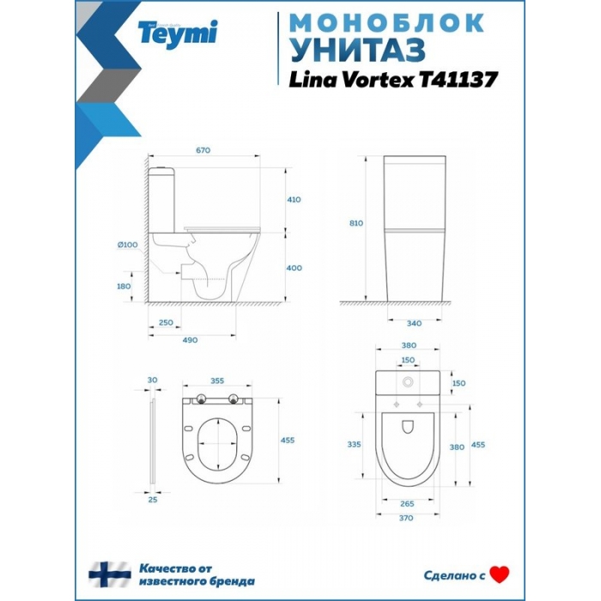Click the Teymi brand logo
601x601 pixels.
click(178, 34)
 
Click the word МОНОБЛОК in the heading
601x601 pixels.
click(387, 23)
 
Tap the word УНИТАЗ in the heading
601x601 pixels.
click(358, 51)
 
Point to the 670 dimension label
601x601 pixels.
click(203, 150)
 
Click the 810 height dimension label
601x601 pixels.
click(356, 223)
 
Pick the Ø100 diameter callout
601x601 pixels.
click(128, 245)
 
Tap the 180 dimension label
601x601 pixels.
click(124, 286)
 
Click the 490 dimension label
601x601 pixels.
click(190, 340)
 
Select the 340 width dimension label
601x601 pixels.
click(414, 323)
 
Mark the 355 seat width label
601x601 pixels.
click(217, 380)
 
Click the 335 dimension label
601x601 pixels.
click(354, 444)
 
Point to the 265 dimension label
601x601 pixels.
click(407, 504)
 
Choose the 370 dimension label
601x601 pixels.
click(406, 518)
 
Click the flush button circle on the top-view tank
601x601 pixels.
click(408, 382)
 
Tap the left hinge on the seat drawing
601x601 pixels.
click(201, 399)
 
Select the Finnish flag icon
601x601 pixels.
click(110, 574)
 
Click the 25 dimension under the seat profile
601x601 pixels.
click(153, 500)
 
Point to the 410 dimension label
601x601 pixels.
click(294, 199)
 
